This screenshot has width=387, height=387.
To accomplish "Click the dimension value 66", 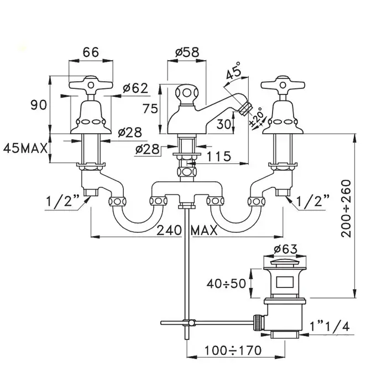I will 91,53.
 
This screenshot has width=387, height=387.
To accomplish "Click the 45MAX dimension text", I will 26,148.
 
